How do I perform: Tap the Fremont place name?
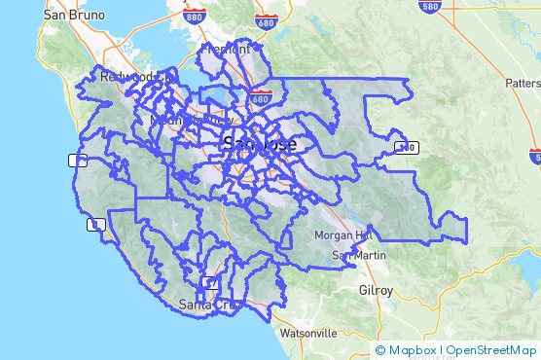coord(225,49)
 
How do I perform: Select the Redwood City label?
coord(136,76)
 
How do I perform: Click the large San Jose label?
coord(260,143)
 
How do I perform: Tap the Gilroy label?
coord(376,290)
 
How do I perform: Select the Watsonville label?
coord(307,332)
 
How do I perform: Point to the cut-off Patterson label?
coord(523,84)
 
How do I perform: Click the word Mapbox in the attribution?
coord(413,349)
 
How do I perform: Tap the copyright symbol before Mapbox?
coord(380,349)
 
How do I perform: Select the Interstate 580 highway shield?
coord(428,5)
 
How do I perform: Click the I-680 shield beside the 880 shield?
coord(264,20)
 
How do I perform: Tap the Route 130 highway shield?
coord(407,147)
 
